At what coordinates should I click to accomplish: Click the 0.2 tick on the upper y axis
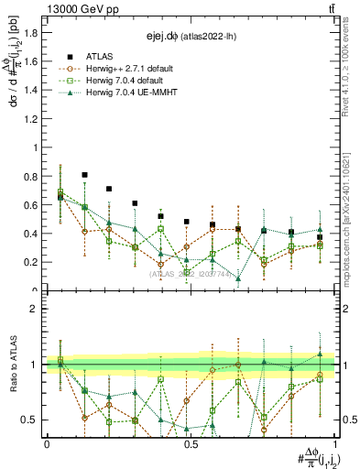(x=29, y=262)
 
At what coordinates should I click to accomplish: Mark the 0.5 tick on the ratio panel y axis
(x=29, y=420)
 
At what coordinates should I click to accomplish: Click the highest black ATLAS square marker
(x=85, y=174)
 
